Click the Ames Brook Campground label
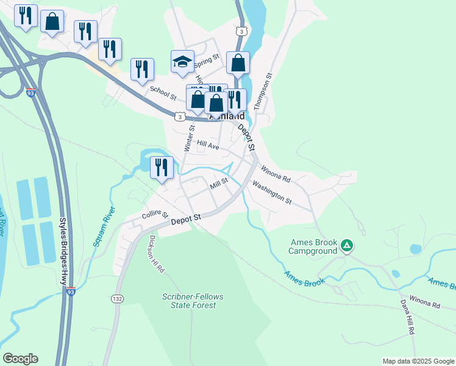(313, 246)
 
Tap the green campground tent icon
(346, 246)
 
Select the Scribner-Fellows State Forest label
(193, 301)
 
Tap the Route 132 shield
(118, 299)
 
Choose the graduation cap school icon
(182, 61)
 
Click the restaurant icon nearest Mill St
(162, 167)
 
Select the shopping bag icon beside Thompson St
(238, 62)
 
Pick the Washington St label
(272, 192)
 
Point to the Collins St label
(155, 215)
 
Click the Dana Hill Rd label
(407, 317)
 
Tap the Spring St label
(207, 60)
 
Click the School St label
(163, 93)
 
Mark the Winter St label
(188, 138)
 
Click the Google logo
(20, 359)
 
